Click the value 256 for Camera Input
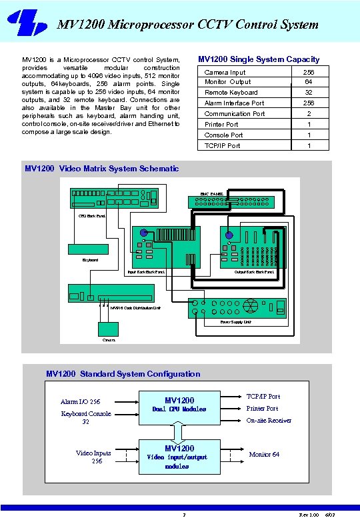point(308,72)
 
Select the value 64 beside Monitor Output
point(308,82)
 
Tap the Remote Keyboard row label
point(231,93)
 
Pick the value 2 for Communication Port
point(308,114)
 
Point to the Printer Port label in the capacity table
point(221,124)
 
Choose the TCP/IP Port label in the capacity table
point(223,145)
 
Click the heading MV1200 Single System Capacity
point(259,59)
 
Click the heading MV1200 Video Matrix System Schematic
point(101,169)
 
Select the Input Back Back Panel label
point(146,272)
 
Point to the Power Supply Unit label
point(235,321)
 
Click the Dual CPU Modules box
point(179,408)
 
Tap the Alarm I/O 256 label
point(80,402)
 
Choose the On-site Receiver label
point(269,421)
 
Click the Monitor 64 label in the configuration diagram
point(264,455)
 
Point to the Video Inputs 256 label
point(93,457)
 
